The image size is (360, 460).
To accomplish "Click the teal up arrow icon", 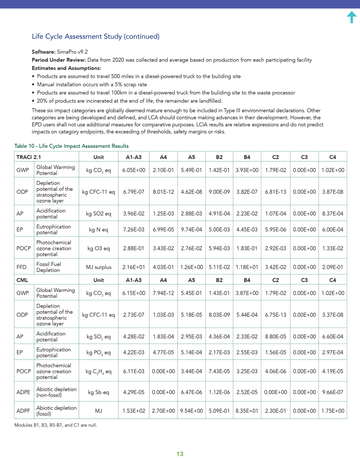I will [352, 17].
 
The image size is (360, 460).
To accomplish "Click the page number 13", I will [180, 454].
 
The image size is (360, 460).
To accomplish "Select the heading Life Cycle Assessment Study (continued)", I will [96, 36].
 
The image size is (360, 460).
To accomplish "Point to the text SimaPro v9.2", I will [72, 52].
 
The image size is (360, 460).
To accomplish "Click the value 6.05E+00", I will [134, 170].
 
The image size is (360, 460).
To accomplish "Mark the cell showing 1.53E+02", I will [134, 411].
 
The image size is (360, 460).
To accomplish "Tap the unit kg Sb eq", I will [98, 392].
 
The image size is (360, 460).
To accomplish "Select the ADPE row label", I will [24, 392].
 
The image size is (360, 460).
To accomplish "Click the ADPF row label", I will [24, 411].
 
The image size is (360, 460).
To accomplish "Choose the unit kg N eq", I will [98, 230].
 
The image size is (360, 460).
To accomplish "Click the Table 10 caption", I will [71, 146].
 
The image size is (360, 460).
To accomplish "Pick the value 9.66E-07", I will [333, 392].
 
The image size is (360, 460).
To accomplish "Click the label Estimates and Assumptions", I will [66, 68].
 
